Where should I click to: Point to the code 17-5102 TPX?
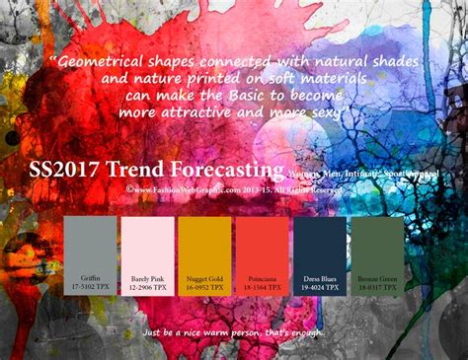91,286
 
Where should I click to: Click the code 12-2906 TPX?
147,286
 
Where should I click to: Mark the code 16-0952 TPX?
204,286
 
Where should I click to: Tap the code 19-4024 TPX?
319,286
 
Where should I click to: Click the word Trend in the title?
158,168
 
